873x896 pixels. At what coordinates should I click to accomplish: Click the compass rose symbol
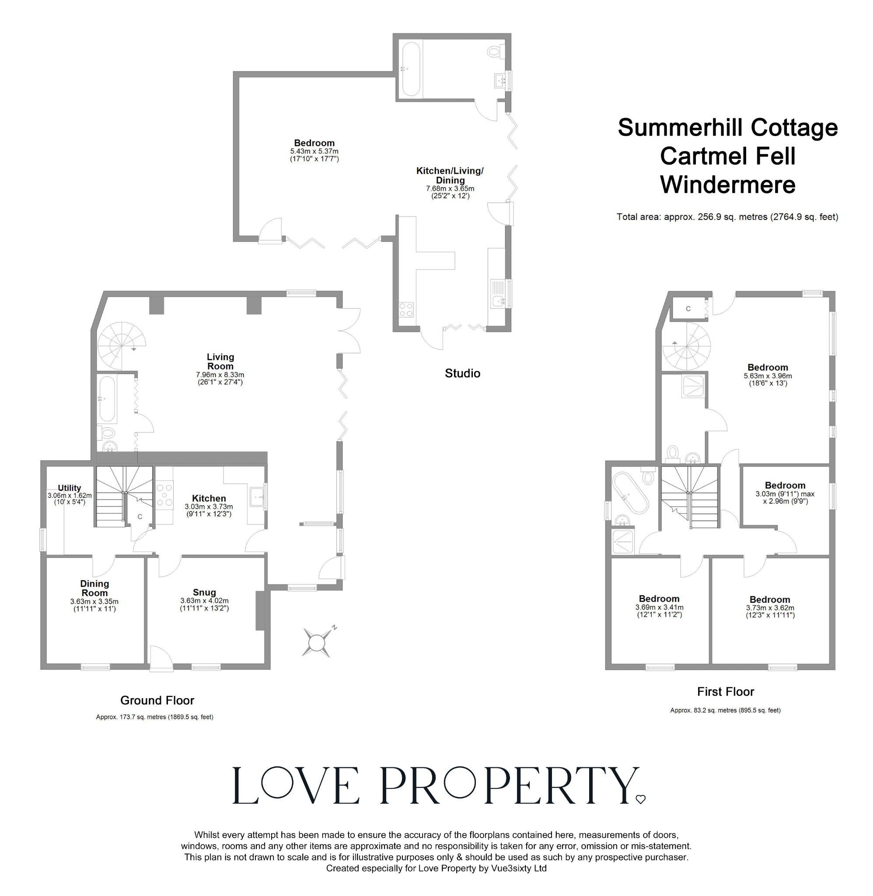[x=317, y=642]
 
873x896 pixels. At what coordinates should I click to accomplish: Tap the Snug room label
[x=204, y=592]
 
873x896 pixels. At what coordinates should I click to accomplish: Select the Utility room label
[x=69, y=488]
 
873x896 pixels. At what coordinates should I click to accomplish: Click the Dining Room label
[x=94, y=588]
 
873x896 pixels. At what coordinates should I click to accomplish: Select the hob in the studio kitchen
[x=406, y=310]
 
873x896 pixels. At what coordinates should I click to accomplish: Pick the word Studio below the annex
[x=462, y=373]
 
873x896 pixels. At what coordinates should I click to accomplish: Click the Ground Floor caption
[x=157, y=700]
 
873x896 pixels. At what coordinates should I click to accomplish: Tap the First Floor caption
[x=725, y=692]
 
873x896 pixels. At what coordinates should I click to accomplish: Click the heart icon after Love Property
[x=641, y=800]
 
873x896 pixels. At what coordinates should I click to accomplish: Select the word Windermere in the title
[x=727, y=185]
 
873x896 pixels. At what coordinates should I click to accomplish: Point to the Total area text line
[x=727, y=217]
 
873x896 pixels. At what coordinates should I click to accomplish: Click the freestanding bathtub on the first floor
[x=629, y=494]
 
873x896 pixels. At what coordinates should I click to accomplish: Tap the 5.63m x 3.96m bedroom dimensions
[x=768, y=376]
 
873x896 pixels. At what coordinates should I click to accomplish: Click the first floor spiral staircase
[x=686, y=346]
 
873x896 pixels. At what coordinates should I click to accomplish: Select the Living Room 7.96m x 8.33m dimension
[x=220, y=374]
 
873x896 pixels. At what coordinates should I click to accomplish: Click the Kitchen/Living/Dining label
[x=450, y=175]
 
